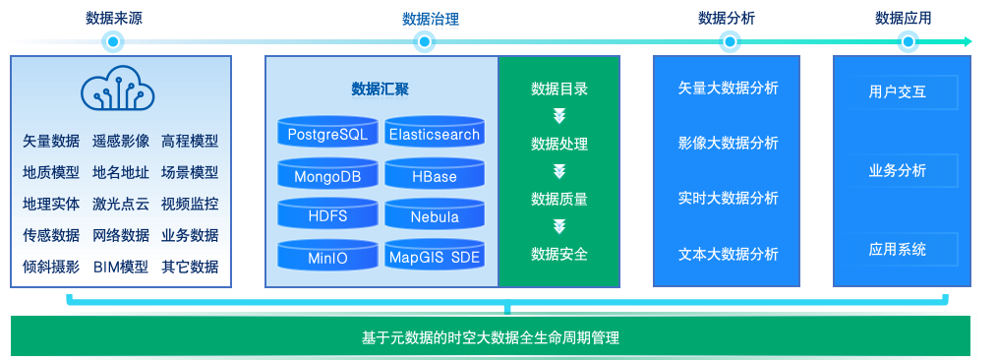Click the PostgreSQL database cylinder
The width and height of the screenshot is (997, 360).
pos(327,132)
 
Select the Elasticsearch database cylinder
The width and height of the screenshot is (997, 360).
pos(435,132)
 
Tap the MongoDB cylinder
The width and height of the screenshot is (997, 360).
pos(327,173)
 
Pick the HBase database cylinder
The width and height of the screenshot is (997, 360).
pos(435,173)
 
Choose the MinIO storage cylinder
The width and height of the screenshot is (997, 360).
pos(327,255)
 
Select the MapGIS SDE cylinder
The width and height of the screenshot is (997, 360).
pos(435,255)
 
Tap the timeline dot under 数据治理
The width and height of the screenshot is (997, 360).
pos(424,42)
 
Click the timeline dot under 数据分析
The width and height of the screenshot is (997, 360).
pos(730,42)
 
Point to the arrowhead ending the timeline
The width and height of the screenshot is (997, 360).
pos(968,42)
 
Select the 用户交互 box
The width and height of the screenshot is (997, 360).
pos(907,92)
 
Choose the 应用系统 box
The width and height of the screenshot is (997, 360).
pos(907,249)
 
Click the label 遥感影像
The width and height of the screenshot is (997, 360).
pos(121,141)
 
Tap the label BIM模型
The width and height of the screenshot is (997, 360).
pos(121,267)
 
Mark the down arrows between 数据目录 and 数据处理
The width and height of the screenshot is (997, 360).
pos(558,116)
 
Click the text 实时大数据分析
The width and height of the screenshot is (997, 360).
pos(728,199)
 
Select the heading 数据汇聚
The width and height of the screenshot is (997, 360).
pos(381,90)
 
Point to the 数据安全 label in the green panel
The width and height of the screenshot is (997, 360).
pos(559,255)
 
